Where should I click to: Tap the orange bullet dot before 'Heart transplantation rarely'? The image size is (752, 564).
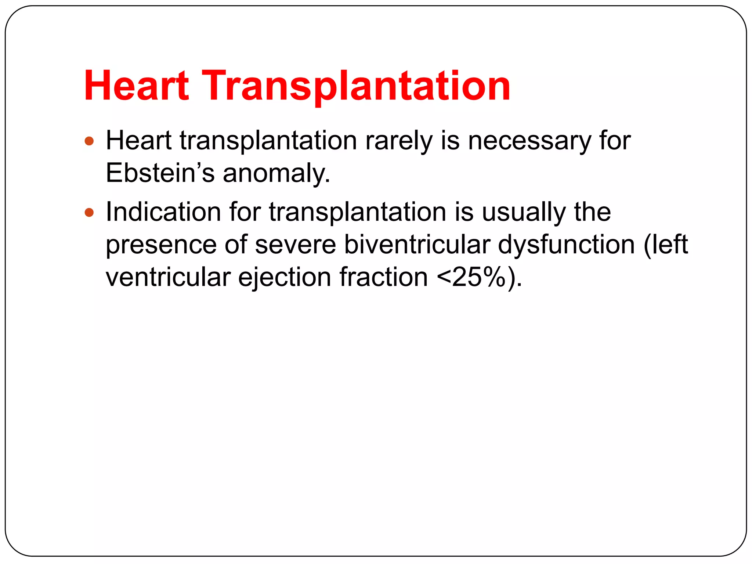(89, 141)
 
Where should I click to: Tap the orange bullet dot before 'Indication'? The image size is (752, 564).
(89, 212)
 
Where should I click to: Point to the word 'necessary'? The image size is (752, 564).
(529, 141)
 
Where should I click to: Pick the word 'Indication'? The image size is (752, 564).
(163, 212)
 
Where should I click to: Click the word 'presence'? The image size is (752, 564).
(161, 245)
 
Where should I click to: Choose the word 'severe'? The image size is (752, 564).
(295, 245)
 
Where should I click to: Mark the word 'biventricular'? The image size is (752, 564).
(417, 245)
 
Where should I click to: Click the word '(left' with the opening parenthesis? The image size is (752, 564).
(665, 245)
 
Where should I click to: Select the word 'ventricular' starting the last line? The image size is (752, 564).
(168, 277)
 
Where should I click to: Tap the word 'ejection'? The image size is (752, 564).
(285, 278)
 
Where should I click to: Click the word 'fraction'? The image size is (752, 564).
(383, 277)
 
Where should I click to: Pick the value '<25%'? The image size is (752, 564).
(471, 277)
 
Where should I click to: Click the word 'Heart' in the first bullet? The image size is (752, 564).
(138, 141)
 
